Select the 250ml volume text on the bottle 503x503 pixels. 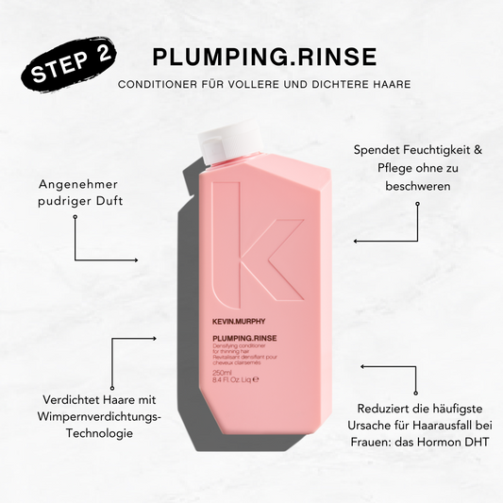tap(223, 372)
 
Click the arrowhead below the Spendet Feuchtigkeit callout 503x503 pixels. tap(357, 241)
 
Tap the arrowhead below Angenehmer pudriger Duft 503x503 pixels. tap(139, 260)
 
